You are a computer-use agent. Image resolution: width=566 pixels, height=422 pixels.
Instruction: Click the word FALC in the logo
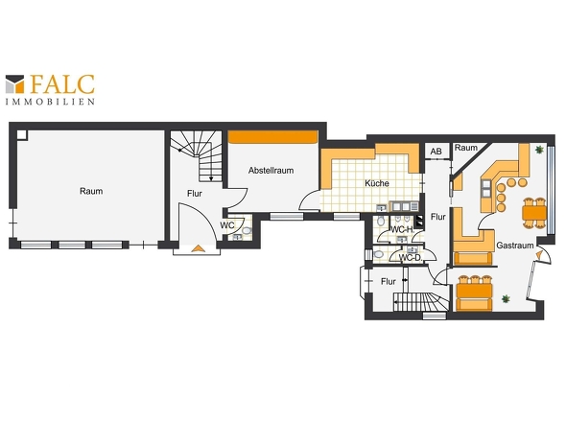point(62,84)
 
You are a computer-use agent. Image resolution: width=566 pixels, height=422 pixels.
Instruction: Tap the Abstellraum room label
point(271,171)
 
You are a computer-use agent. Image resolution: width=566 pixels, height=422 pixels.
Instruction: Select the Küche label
point(377,183)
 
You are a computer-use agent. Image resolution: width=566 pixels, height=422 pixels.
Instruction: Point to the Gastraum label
point(515,246)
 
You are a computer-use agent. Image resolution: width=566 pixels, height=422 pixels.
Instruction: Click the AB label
point(436,152)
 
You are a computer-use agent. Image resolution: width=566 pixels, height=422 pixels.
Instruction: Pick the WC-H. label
point(403,229)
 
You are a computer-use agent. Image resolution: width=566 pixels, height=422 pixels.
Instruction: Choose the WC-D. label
point(412,258)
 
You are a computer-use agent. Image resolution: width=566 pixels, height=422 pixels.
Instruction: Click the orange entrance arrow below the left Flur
point(198,248)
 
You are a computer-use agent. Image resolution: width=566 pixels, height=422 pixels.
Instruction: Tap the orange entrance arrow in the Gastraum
point(539,255)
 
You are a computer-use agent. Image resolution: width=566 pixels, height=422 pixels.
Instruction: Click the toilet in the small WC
point(247,230)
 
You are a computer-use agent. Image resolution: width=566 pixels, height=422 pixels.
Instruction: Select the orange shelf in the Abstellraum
point(272,137)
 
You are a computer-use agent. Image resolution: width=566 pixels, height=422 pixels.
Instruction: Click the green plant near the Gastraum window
point(539,150)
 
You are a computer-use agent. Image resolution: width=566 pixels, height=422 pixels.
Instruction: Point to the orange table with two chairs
point(534,213)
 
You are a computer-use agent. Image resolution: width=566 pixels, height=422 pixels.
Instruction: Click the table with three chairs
point(474,292)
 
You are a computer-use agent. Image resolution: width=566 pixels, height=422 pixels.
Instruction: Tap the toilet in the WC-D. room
point(378,254)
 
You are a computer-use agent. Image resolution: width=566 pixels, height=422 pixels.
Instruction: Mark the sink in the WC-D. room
point(412,249)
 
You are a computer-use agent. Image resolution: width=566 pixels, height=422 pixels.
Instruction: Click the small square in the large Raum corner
point(22,134)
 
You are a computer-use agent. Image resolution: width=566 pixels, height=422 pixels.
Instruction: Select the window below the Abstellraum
point(287,216)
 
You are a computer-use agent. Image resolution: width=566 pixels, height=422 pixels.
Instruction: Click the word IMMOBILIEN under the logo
point(50,102)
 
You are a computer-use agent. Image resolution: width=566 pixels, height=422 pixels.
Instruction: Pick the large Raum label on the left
point(91,191)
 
